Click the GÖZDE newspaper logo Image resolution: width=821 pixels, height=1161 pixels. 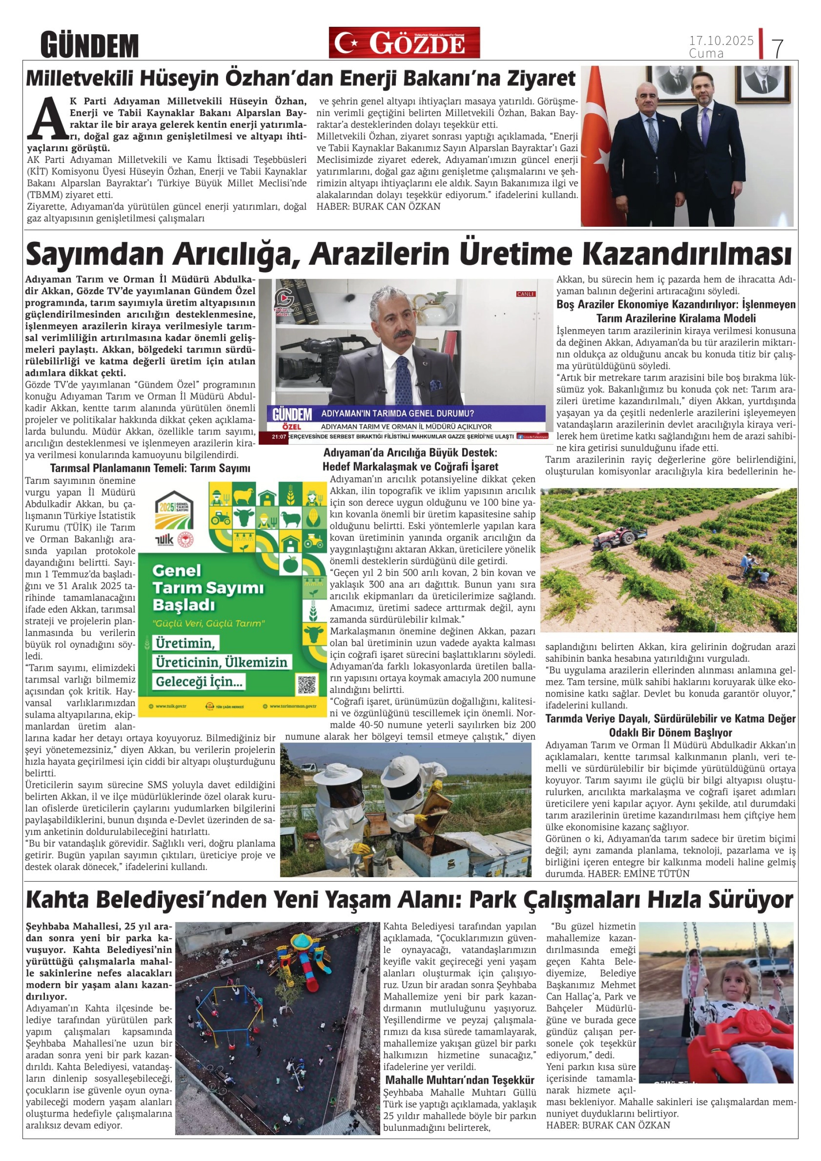[404, 42]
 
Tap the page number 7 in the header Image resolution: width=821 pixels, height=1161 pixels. [777, 48]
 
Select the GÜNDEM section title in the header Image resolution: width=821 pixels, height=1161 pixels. [89, 45]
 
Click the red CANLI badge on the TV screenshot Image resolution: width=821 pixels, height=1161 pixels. [525, 294]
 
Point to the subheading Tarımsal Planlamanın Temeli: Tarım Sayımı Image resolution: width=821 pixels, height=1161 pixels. [150, 468]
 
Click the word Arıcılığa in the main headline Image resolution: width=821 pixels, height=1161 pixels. [233, 254]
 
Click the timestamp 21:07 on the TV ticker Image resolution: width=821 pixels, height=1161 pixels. [279, 436]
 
